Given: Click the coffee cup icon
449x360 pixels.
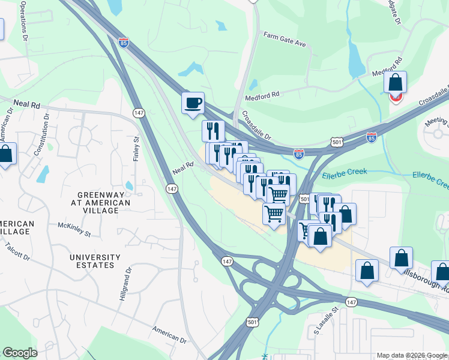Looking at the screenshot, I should point(193,103).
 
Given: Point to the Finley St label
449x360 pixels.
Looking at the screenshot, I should point(136,148).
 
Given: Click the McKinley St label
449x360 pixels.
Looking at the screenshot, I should point(74,229).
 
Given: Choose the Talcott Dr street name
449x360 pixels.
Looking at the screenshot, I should point(15,251).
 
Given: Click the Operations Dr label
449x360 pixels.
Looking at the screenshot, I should point(24,20).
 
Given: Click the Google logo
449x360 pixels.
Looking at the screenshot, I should point(20,353).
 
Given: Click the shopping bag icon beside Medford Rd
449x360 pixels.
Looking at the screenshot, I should point(396,82).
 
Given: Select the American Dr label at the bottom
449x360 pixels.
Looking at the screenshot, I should point(169,335).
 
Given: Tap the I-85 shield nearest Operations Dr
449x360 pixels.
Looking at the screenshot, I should point(123,43).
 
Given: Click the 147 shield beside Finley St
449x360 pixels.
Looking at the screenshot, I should point(138,112).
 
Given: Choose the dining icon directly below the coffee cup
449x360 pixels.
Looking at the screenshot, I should point(213,130).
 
